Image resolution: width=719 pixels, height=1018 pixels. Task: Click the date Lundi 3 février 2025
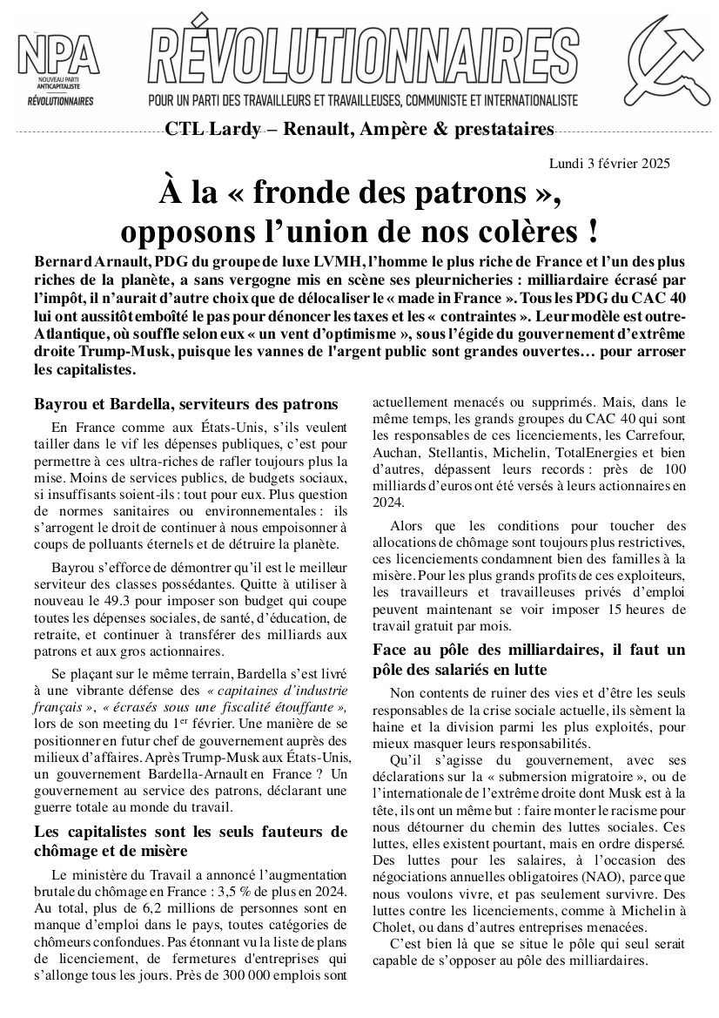[x=609, y=163]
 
